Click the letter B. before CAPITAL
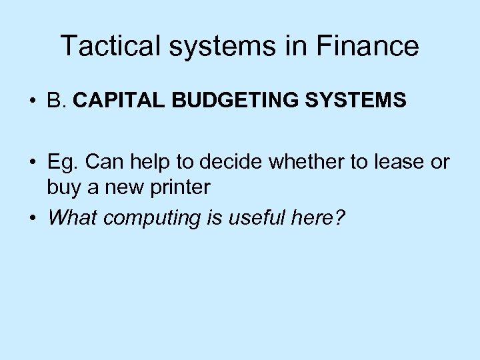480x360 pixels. [56, 101]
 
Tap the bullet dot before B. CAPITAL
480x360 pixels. [32, 101]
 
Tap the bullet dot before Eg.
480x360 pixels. [32, 163]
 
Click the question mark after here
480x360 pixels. [339, 217]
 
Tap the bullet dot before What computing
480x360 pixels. [32, 218]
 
